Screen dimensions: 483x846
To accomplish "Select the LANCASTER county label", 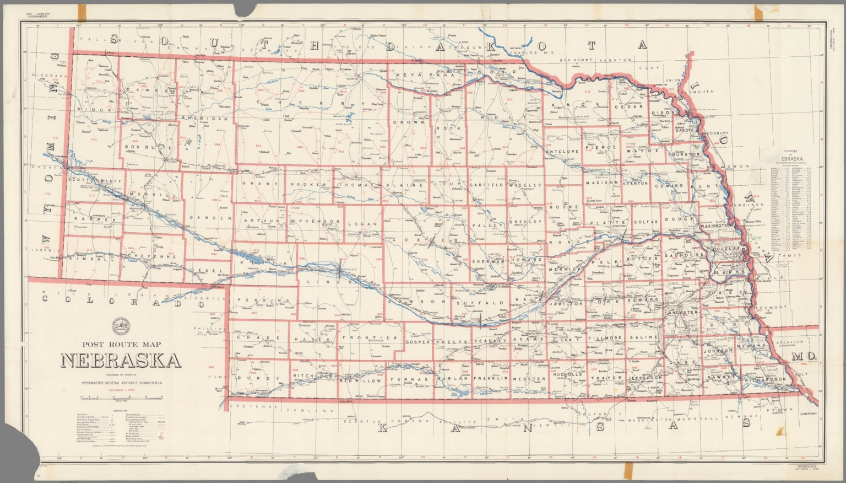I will click(683, 312).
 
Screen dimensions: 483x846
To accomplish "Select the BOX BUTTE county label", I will click(142, 147).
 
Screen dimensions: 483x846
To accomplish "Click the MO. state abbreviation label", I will click(803, 357).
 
